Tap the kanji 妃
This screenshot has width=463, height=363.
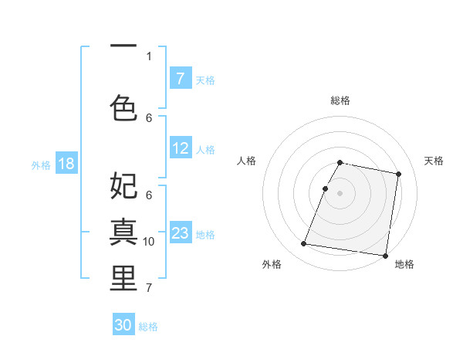pos(123,185)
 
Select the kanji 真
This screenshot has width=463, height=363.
pos(123,231)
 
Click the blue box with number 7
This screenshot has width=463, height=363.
pos(181,79)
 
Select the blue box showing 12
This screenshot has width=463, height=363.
pos(181,149)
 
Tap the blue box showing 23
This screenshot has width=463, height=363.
pos(181,233)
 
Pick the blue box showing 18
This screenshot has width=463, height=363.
pos(66,164)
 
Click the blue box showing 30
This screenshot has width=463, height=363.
pos(123,325)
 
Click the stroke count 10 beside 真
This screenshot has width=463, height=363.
pos(149,242)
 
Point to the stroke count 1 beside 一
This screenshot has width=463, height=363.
pos(149,56)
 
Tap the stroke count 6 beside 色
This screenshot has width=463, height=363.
pos(149,117)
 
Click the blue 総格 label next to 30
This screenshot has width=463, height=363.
pos(148,327)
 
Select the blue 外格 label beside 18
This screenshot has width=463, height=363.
pos(41,165)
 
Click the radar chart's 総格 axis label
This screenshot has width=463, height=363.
pos(340,100)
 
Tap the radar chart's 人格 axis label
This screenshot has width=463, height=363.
pos(247,161)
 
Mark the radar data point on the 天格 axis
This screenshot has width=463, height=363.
pos(399,175)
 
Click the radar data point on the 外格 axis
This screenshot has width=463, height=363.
pos(304,244)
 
